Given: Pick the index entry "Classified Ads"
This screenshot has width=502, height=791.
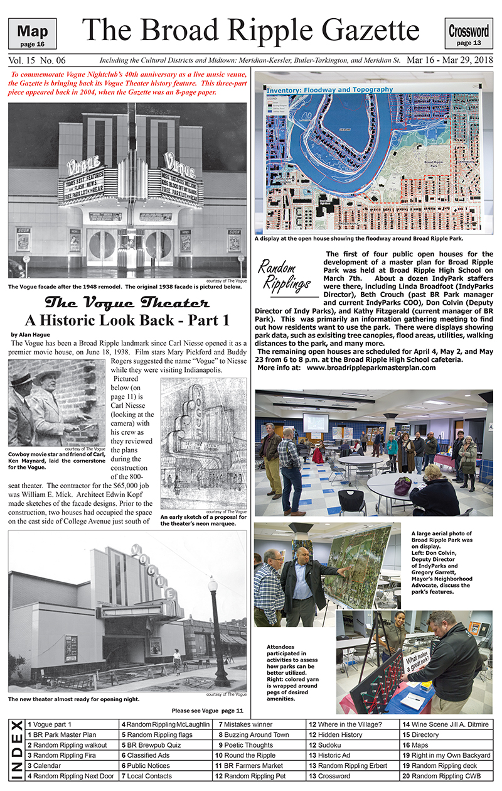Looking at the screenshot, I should pos(147,755).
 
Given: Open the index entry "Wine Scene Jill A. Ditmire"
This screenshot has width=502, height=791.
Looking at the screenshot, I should pos(445,724).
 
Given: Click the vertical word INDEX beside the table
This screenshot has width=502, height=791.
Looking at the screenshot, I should pos(16,750).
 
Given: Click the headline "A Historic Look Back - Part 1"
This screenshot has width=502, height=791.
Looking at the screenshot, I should pos(126,320).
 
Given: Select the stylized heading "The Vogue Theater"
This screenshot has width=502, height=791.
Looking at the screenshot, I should pos(126,301).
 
